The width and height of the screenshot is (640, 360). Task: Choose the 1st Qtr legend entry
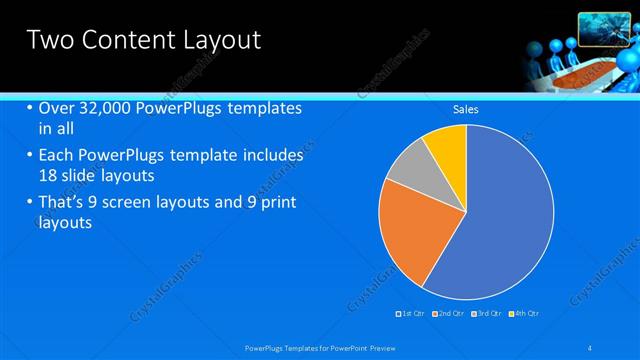click(411, 314)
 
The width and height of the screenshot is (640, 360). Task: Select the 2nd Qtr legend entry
click(449, 314)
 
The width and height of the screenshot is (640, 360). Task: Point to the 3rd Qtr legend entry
click(486, 314)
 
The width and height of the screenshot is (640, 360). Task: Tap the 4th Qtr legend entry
click(523, 314)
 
